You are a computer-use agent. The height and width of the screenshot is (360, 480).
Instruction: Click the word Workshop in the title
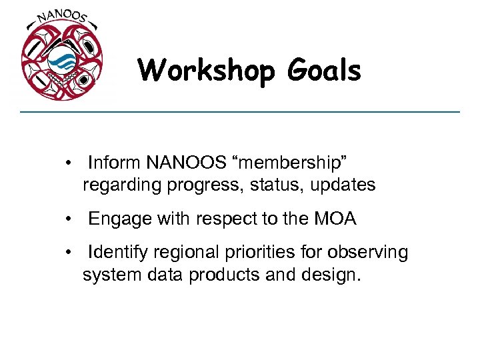205,71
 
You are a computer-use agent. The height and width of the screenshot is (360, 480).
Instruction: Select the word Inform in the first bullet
114,163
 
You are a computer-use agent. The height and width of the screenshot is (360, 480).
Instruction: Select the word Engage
115,218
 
